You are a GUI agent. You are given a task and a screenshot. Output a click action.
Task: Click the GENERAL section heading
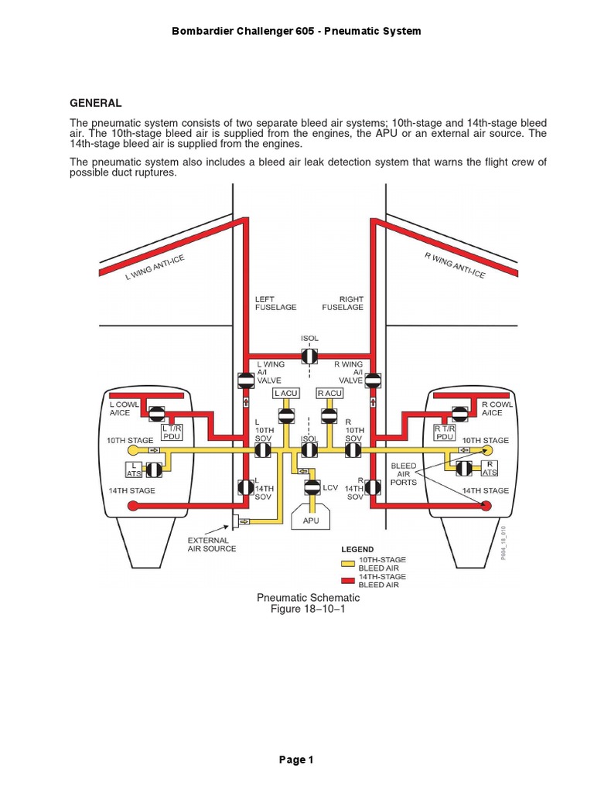96,103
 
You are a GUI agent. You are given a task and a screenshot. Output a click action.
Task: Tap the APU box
311,521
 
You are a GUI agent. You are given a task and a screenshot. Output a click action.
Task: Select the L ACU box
286,393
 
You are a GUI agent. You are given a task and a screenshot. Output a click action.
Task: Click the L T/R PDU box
172,432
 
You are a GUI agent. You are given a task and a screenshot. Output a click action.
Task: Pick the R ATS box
490,468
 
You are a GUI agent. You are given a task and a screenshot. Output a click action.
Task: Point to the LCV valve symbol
312,488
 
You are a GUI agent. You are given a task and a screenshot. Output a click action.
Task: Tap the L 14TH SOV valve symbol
245,488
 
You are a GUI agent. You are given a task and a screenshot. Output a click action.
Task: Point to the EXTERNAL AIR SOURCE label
212,544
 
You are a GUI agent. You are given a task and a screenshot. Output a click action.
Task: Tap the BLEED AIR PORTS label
405,473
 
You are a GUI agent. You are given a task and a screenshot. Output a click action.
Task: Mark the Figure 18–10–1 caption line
308,609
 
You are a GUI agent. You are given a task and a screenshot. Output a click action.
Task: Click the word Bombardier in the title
208,31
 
